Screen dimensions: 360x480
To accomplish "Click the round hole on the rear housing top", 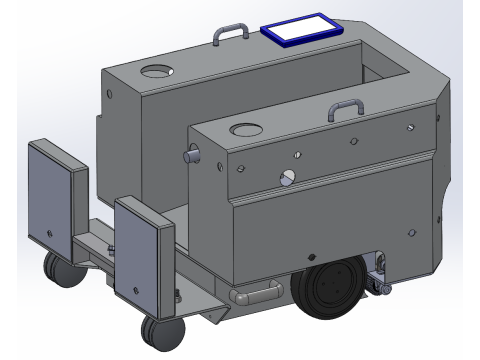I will point(156,73).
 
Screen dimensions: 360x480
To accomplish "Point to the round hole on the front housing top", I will point(244,131).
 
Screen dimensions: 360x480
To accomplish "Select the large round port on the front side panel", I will point(288,177).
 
